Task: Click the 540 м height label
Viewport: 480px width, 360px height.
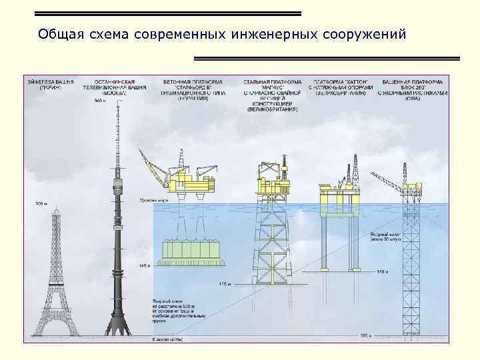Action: click(x=100, y=101)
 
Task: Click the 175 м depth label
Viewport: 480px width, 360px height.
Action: click(x=225, y=285)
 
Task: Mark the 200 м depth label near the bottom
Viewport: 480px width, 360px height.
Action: click(x=365, y=335)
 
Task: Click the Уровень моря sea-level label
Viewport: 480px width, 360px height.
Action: click(x=152, y=199)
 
